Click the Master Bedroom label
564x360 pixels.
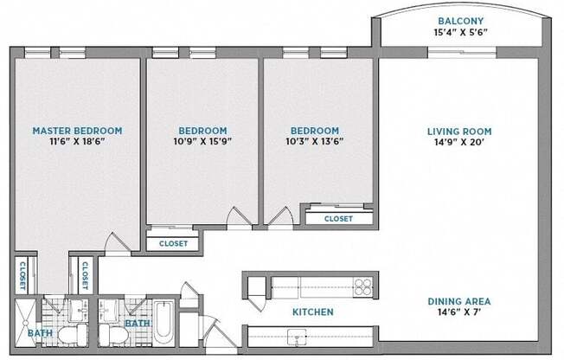77,131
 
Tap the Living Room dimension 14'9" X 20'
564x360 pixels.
459,142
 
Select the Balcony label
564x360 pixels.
461,21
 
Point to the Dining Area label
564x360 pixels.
459,301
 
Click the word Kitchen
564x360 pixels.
313,312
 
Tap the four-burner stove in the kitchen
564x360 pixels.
362,287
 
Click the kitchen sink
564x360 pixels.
297,337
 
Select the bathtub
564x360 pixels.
164,324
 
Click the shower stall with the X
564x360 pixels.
26,323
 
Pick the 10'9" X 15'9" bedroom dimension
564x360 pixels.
202,141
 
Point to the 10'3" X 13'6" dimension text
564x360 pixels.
315,141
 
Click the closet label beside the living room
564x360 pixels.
338,219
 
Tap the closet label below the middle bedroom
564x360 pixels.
173,244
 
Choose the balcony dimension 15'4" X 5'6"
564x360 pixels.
461,32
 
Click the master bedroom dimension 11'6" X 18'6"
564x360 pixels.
77,141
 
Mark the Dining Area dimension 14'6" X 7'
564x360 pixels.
459,312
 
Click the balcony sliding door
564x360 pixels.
462,53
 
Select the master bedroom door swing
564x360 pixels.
118,242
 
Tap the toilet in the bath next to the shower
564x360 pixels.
73,335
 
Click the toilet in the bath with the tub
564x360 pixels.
113,335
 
